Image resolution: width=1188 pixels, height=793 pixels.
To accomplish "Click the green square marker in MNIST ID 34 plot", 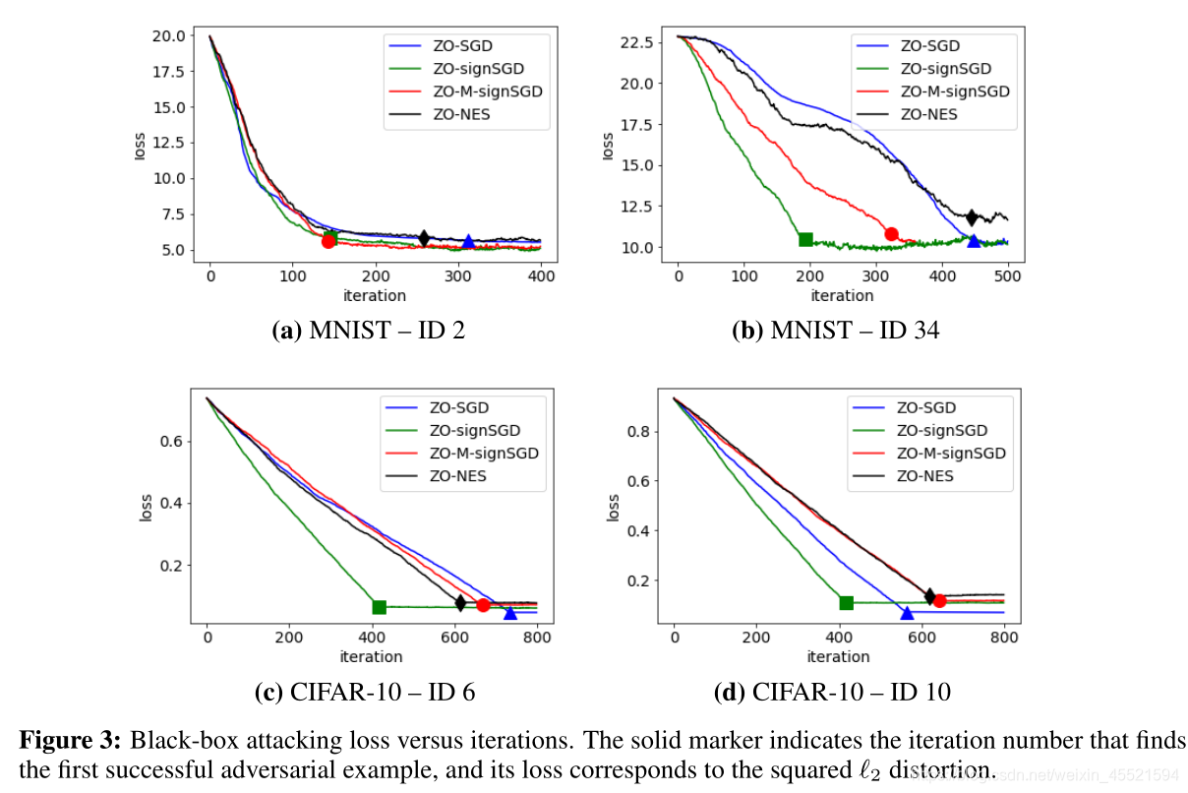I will point(805,239).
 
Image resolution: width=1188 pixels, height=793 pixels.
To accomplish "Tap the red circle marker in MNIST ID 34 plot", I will point(891,234).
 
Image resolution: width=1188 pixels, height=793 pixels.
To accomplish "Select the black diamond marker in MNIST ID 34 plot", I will point(972,216).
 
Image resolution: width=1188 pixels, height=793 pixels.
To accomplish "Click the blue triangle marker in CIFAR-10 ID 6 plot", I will point(510,613).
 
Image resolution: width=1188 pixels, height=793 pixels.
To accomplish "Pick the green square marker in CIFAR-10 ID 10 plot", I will point(846,602).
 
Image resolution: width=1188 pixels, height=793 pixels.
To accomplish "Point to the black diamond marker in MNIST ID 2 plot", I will point(424,238).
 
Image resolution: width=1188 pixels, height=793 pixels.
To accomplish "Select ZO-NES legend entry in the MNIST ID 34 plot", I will point(927,114).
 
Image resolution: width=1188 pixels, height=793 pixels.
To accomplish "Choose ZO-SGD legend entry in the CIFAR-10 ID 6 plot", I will point(458,407).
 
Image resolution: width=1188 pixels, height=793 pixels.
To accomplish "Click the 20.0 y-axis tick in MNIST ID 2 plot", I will point(167,36).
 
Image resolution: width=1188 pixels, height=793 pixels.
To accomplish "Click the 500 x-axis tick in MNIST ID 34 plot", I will point(1008,277).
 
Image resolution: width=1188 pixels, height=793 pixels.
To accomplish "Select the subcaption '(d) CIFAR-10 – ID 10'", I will point(832,692).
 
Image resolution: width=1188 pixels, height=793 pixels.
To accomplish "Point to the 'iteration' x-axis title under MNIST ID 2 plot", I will point(375,295).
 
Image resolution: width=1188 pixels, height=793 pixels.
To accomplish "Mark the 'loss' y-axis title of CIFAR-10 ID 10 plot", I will point(614,508).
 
